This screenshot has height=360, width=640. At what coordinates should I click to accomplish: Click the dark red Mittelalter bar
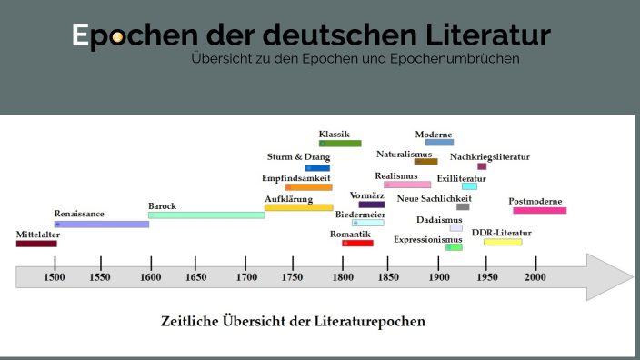(x=36, y=244)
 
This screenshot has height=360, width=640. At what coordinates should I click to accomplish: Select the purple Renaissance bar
(x=101, y=224)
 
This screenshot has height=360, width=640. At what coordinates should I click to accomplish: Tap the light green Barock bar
(x=206, y=215)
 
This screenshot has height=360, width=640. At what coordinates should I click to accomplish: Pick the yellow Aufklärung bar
(x=299, y=208)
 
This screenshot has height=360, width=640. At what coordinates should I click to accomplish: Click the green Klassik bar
(x=340, y=143)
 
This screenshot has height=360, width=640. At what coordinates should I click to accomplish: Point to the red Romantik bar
(x=357, y=243)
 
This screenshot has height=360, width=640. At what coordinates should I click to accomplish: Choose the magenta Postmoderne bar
(x=539, y=210)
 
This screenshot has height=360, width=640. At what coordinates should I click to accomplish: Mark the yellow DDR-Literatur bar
(x=503, y=242)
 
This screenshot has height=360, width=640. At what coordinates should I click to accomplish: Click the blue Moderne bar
(x=439, y=143)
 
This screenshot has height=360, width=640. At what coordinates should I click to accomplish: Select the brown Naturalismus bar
(x=425, y=162)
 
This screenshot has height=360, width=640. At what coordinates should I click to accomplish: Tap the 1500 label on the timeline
(x=55, y=277)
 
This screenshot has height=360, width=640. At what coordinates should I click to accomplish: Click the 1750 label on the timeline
(x=293, y=277)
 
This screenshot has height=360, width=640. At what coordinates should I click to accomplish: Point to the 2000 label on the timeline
(x=535, y=277)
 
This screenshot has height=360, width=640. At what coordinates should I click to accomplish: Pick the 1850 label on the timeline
(x=388, y=277)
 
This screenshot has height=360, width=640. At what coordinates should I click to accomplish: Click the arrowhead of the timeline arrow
(x=609, y=276)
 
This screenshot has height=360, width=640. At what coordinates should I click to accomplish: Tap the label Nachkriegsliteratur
(x=489, y=156)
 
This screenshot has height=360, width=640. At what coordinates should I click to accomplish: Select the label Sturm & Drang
(x=298, y=156)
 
